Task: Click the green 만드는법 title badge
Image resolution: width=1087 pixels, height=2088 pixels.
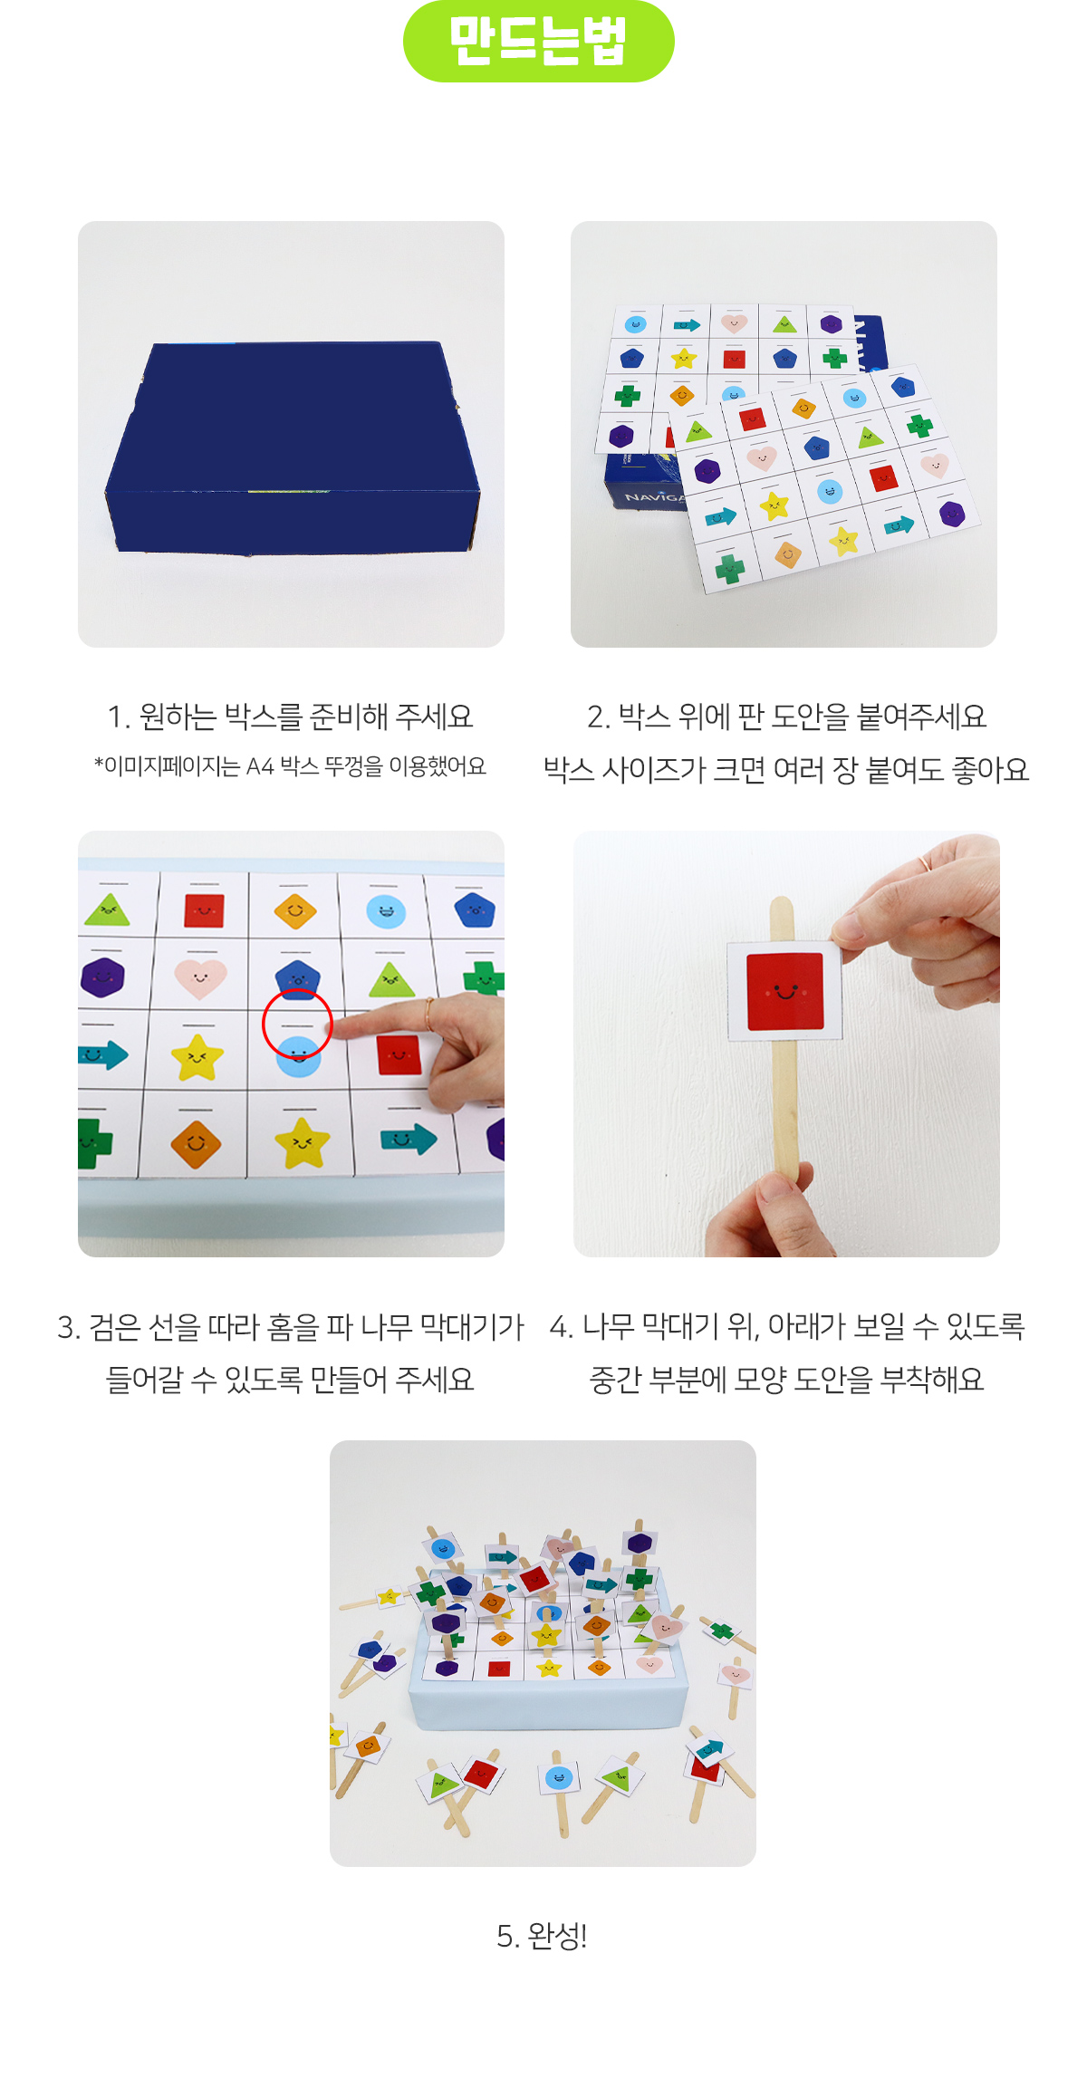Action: tap(538, 41)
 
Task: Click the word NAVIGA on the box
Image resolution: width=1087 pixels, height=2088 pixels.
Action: tap(653, 496)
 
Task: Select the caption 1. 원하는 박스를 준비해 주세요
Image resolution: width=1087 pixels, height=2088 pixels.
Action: tap(290, 717)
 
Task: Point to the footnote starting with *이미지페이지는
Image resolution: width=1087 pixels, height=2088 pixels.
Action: tap(290, 766)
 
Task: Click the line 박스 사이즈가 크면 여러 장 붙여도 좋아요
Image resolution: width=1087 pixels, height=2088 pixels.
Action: tap(785, 770)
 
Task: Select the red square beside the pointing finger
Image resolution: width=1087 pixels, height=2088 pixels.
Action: tap(399, 1054)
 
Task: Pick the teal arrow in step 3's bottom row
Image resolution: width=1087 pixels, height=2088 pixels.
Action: tap(408, 1138)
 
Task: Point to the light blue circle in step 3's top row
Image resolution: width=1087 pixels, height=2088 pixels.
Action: tap(386, 910)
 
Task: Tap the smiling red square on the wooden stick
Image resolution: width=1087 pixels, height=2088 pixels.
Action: tap(785, 991)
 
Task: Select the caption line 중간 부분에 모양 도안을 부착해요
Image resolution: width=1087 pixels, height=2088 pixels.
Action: tap(786, 1380)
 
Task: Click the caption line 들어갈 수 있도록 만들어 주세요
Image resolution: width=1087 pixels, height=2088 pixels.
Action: tap(290, 1380)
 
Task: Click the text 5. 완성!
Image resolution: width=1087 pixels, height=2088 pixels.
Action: tap(542, 1936)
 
